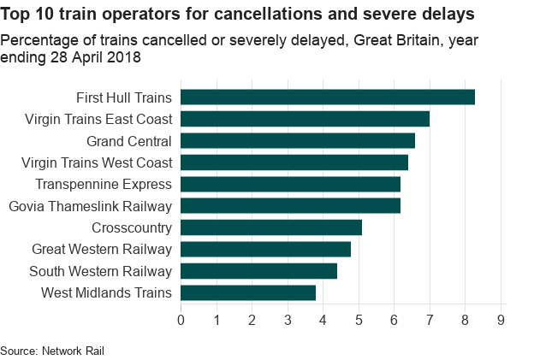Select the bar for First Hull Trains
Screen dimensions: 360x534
point(328,97)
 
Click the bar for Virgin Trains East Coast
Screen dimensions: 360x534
point(305,119)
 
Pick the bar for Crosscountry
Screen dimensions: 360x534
point(271,227)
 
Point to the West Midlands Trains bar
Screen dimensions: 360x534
point(248,293)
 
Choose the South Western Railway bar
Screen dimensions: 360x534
point(258,271)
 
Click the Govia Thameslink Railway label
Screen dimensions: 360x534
point(90,206)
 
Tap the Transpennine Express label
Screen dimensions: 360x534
point(104,184)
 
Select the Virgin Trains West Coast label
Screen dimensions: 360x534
point(99,162)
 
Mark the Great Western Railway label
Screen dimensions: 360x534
point(102,250)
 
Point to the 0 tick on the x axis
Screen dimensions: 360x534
point(181,320)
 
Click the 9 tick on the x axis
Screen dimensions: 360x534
point(501,320)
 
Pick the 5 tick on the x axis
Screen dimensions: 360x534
point(359,320)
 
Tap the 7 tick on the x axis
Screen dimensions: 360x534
point(430,320)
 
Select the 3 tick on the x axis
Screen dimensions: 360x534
point(288,320)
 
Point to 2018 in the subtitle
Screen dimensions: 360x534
point(125,58)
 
